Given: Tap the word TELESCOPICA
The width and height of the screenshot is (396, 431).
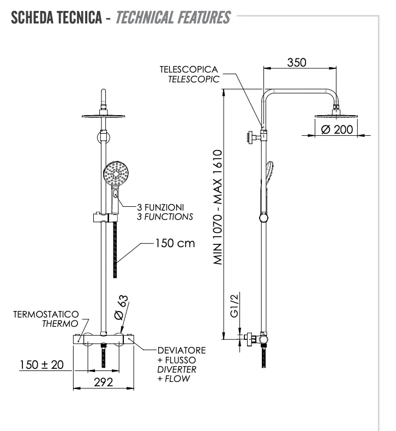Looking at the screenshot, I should coord(189,70).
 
